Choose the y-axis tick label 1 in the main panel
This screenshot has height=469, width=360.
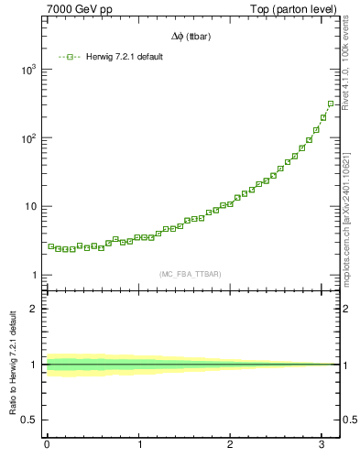pos(33,275)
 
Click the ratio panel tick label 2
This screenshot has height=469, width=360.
pos(33,309)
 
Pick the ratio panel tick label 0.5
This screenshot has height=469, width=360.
pos(28,420)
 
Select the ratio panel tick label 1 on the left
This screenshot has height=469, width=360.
pos(33,365)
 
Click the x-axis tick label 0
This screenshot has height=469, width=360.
pos(47,445)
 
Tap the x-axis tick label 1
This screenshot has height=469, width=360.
pos(139,445)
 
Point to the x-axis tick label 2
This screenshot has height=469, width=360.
pos(232,445)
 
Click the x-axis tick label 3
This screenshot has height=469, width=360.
pos(324,445)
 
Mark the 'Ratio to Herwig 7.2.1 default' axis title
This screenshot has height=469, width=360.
pos(13,365)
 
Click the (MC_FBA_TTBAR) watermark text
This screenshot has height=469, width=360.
pos(190,274)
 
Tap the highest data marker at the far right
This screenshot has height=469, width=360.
pos(331,104)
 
